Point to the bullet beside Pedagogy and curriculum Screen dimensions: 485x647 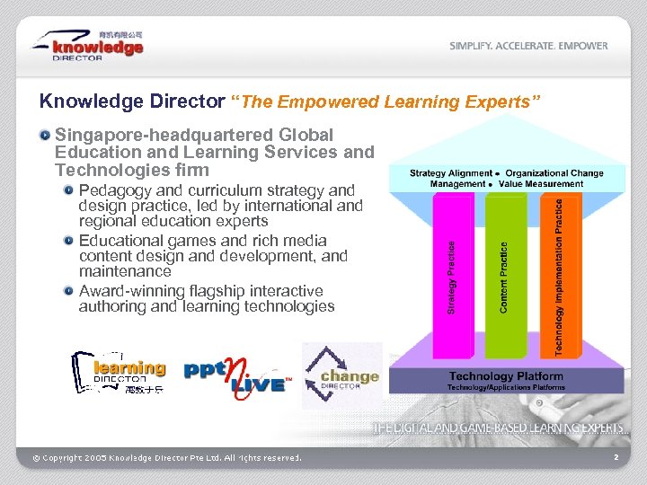68,190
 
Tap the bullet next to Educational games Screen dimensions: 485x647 68,241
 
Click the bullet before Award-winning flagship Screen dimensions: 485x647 68,291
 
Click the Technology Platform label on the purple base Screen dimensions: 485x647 506,376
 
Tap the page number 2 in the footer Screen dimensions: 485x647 616,458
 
